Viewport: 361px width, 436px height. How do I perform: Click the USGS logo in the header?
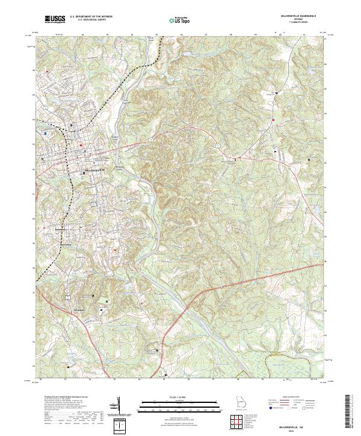coord(55,19)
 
